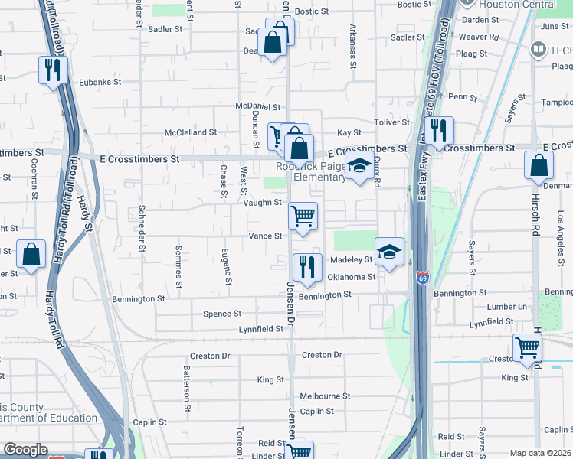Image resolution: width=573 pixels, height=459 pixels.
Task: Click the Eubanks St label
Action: (x=100, y=82)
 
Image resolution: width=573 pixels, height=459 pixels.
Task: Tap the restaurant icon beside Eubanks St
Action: (x=54, y=70)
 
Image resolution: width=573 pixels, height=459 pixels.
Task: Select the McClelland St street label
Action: (x=191, y=132)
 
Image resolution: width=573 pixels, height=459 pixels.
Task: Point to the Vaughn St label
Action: (x=263, y=202)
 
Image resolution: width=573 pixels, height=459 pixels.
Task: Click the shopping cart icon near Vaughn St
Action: (x=303, y=216)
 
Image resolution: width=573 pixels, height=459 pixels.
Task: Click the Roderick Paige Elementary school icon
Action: (x=358, y=166)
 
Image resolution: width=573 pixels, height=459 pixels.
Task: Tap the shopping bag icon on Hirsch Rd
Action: (x=539, y=164)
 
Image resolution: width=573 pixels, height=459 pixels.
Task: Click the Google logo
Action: (x=25, y=450)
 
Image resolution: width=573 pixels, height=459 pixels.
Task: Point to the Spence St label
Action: (x=222, y=314)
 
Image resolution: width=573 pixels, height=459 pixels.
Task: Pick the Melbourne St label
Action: (x=325, y=396)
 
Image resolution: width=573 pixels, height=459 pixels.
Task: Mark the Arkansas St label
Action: (x=353, y=51)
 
